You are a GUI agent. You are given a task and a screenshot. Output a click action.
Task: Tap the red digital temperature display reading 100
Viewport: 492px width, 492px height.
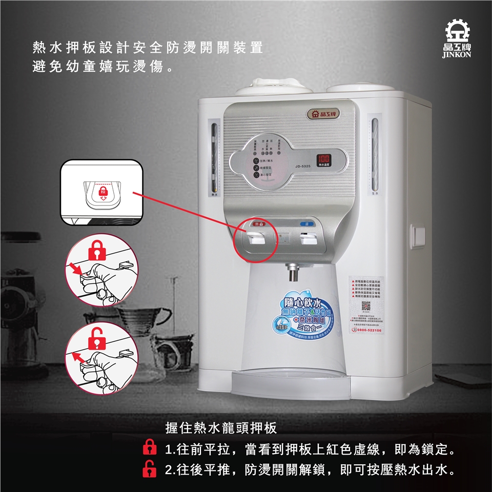coord(323,159)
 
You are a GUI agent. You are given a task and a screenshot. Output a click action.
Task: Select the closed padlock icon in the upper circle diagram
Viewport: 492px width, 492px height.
coord(96,251)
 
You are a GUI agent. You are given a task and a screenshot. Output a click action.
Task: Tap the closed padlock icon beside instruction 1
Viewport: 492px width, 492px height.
coord(149,450)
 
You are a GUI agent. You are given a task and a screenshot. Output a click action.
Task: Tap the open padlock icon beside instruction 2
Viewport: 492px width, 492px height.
coord(149,469)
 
